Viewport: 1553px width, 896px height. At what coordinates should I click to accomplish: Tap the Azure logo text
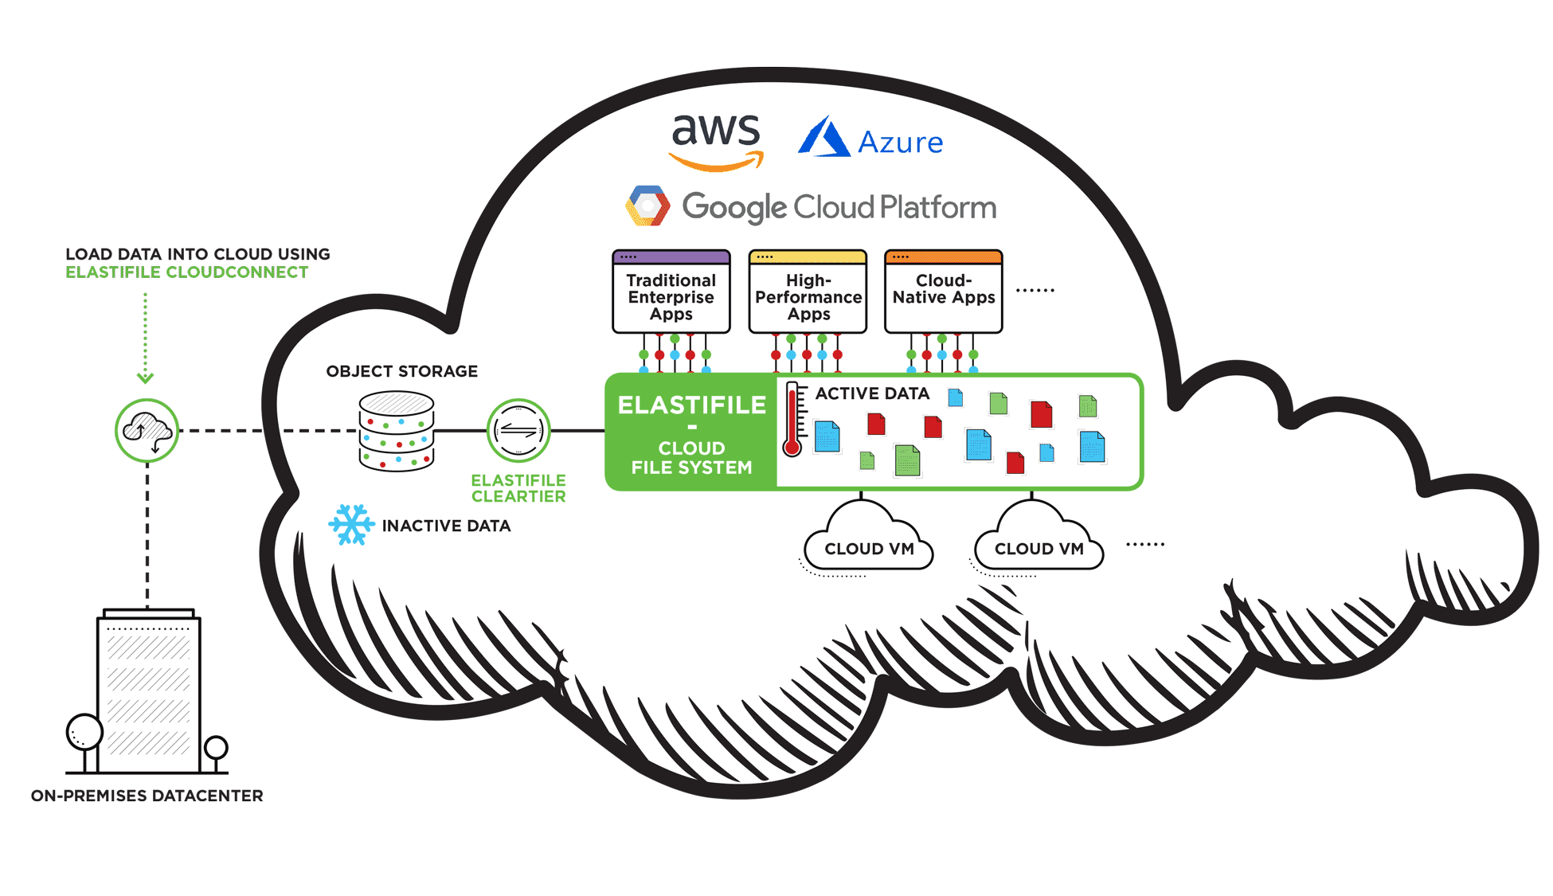coord(900,143)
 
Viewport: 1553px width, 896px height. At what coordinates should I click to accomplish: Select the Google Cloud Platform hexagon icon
coord(647,206)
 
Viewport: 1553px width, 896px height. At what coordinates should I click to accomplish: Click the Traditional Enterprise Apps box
coord(671,292)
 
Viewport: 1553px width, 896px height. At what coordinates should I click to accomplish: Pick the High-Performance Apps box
coord(808,292)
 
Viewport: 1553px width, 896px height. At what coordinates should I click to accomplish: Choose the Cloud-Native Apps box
coord(943,292)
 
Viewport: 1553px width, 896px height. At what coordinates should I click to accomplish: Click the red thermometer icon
coord(792,419)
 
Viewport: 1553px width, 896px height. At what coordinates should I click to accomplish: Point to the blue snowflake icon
coord(350,525)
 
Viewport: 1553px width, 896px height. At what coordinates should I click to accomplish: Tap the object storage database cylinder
coord(396,431)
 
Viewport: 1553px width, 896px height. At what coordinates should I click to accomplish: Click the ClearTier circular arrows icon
coord(518,431)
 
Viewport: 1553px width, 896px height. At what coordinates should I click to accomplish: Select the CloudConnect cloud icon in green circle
coord(147,431)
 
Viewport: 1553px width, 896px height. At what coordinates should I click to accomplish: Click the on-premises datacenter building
coord(149,693)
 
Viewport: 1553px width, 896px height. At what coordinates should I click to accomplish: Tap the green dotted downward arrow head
coord(145,378)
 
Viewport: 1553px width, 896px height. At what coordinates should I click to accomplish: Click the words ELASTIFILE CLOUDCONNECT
coord(186,272)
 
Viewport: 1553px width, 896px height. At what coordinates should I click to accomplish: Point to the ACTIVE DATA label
coord(872,393)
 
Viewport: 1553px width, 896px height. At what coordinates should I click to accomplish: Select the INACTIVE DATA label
coord(446,526)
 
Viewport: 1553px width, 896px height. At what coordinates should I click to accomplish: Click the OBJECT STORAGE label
coord(401,371)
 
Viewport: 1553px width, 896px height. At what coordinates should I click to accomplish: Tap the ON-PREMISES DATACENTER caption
coord(147,796)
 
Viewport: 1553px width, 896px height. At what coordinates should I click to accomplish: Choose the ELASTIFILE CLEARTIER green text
coord(518,488)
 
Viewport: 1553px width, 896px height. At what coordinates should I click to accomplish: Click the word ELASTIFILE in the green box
coord(691,405)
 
